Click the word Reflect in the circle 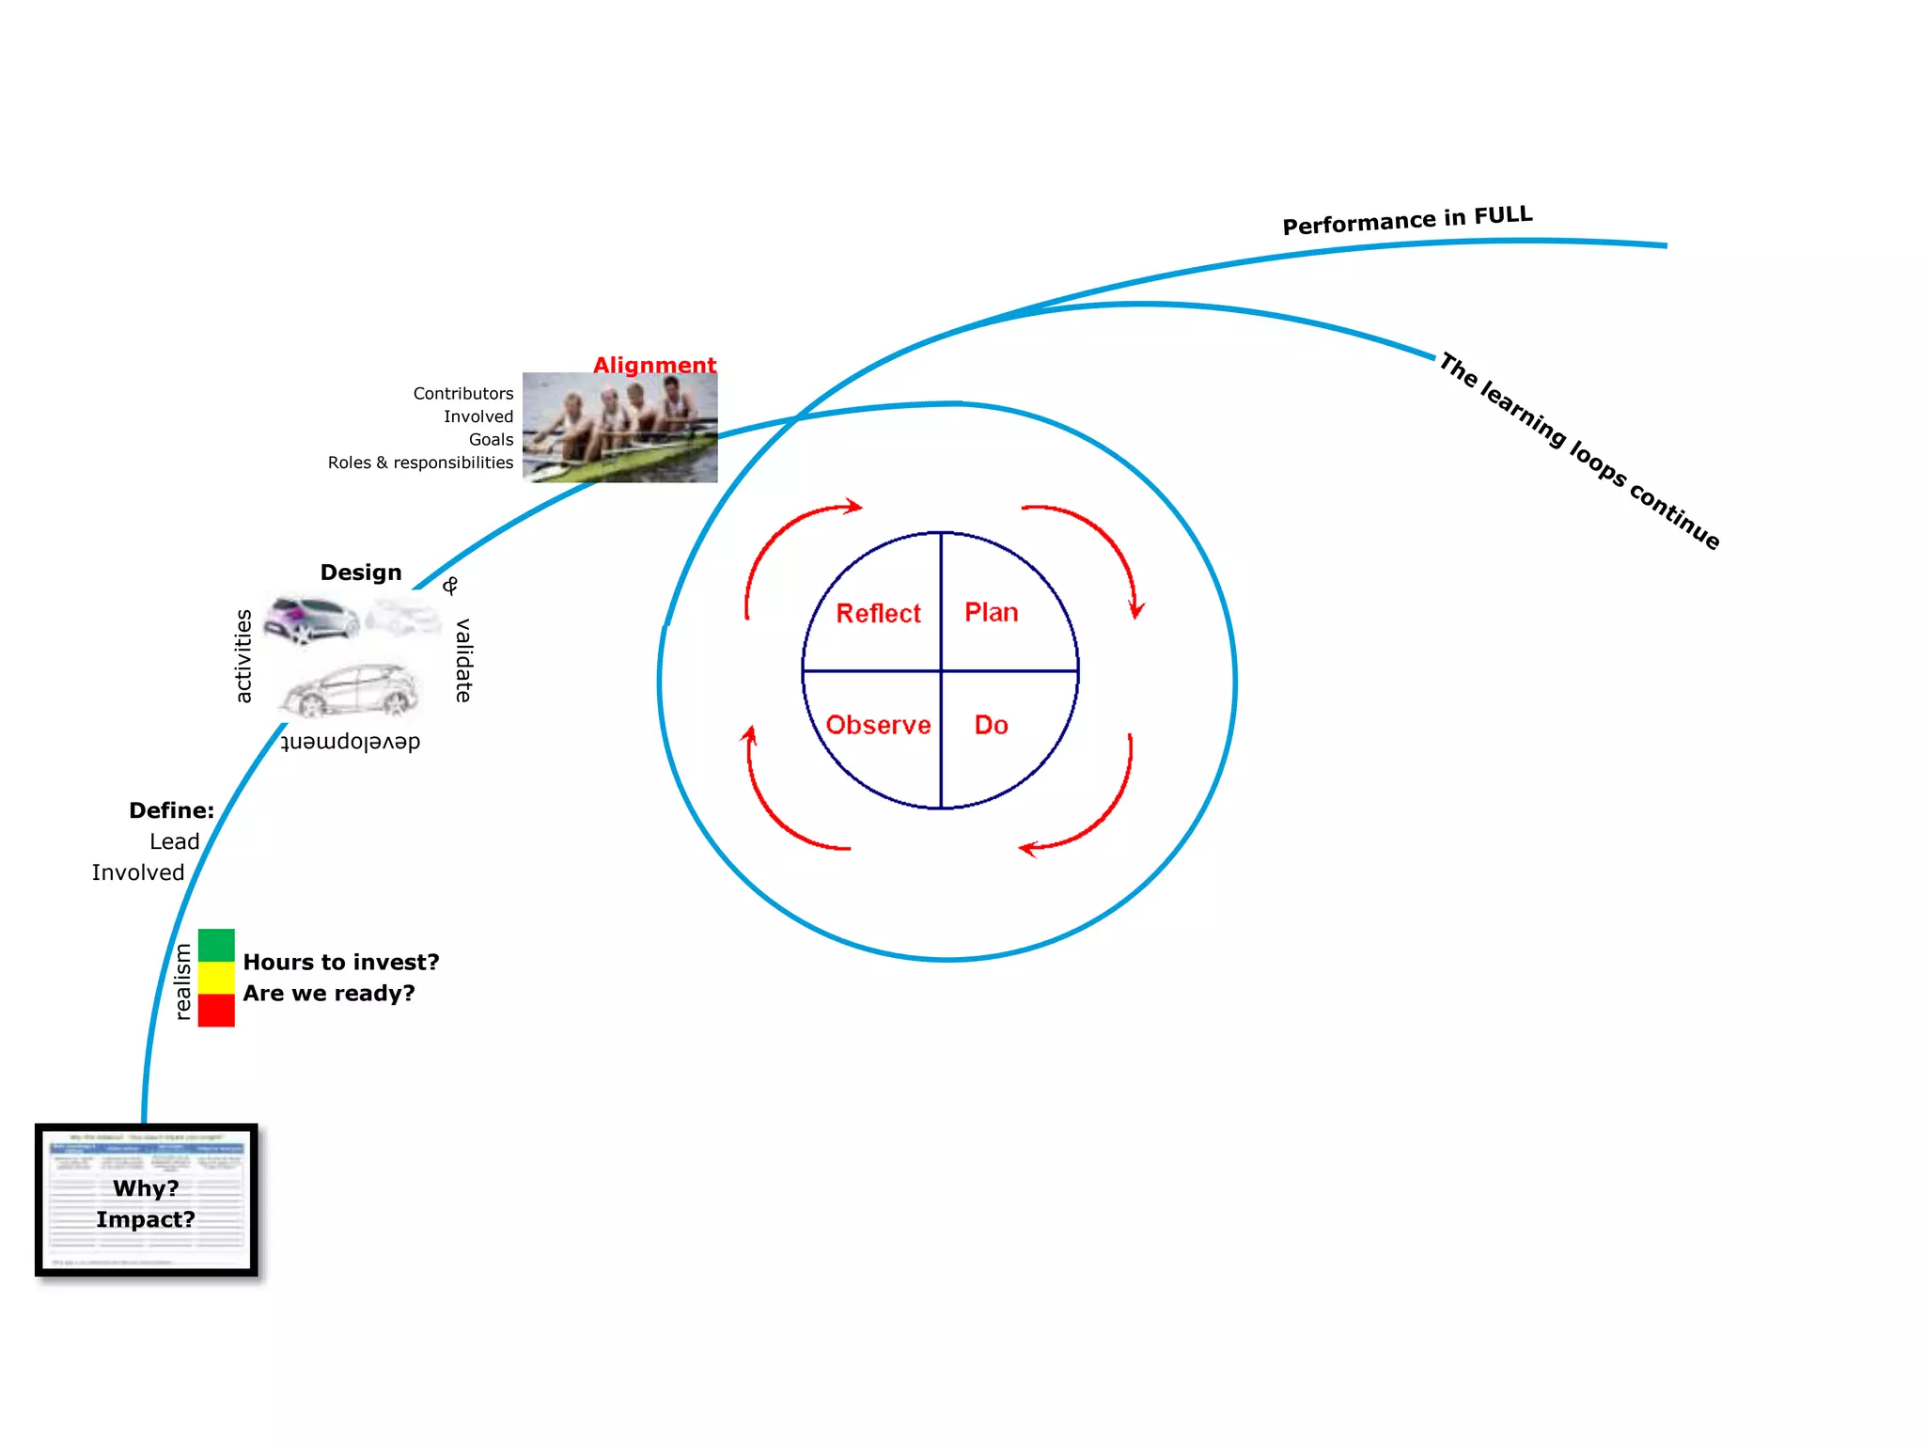coord(878,613)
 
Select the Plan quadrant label coord(991,612)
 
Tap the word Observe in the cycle coord(878,725)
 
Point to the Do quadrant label coord(991,725)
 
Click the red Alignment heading coord(654,365)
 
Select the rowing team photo coord(619,428)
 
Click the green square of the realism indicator coord(216,945)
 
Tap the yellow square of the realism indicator coord(216,978)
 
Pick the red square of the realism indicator coord(216,1010)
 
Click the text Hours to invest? coord(341,962)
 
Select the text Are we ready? coord(329,993)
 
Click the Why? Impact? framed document coord(147,1201)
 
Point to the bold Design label coord(361,573)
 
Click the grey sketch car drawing coord(351,690)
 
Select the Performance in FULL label coord(1407,221)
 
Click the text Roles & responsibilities coord(420,463)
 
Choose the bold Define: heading coord(171,810)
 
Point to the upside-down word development coord(351,742)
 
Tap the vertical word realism coord(182,981)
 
